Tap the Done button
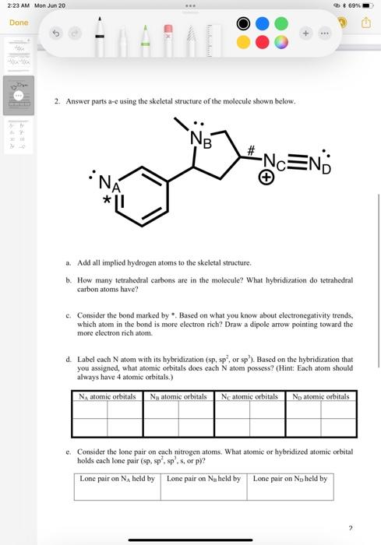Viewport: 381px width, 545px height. pyautogui.click(x=19, y=23)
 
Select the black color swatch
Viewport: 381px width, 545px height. pyautogui.click(x=244, y=23)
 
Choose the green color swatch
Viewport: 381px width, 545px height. pyautogui.click(x=281, y=23)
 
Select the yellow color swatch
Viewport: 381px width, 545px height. pyautogui.click(x=244, y=41)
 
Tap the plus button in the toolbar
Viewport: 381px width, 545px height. pyautogui.click(x=307, y=33)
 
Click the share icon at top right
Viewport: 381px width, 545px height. pyautogui.click(x=365, y=23)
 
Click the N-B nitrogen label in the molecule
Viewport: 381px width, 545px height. pyautogui.click(x=202, y=141)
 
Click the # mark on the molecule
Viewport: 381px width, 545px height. pyautogui.click(x=252, y=150)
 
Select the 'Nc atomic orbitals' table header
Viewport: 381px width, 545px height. pyautogui.click(x=249, y=396)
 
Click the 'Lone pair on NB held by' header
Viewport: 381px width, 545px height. pyautogui.click(x=203, y=478)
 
